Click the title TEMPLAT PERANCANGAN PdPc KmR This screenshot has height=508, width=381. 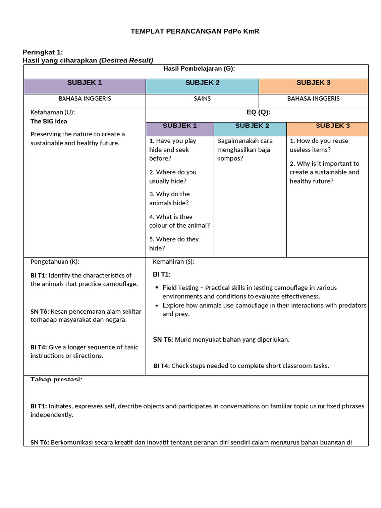(x=195, y=31)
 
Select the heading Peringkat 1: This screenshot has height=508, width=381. (x=43, y=52)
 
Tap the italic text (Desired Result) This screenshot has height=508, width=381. (x=126, y=60)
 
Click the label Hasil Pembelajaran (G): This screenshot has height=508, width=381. (x=199, y=69)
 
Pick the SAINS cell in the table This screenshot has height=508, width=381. (x=202, y=98)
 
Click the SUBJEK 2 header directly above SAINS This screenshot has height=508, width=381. (x=202, y=83)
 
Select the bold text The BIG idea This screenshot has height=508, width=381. (x=49, y=121)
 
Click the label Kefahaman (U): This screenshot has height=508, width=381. (x=53, y=112)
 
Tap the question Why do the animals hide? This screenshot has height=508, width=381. (x=169, y=198)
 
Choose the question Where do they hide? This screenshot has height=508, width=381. (x=174, y=243)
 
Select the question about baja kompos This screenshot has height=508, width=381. (x=245, y=150)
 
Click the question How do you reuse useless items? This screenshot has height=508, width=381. (x=319, y=145)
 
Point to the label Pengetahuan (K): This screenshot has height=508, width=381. (x=55, y=261)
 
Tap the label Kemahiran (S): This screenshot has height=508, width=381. (x=174, y=261)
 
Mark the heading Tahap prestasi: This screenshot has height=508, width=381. (x=57, y=380)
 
